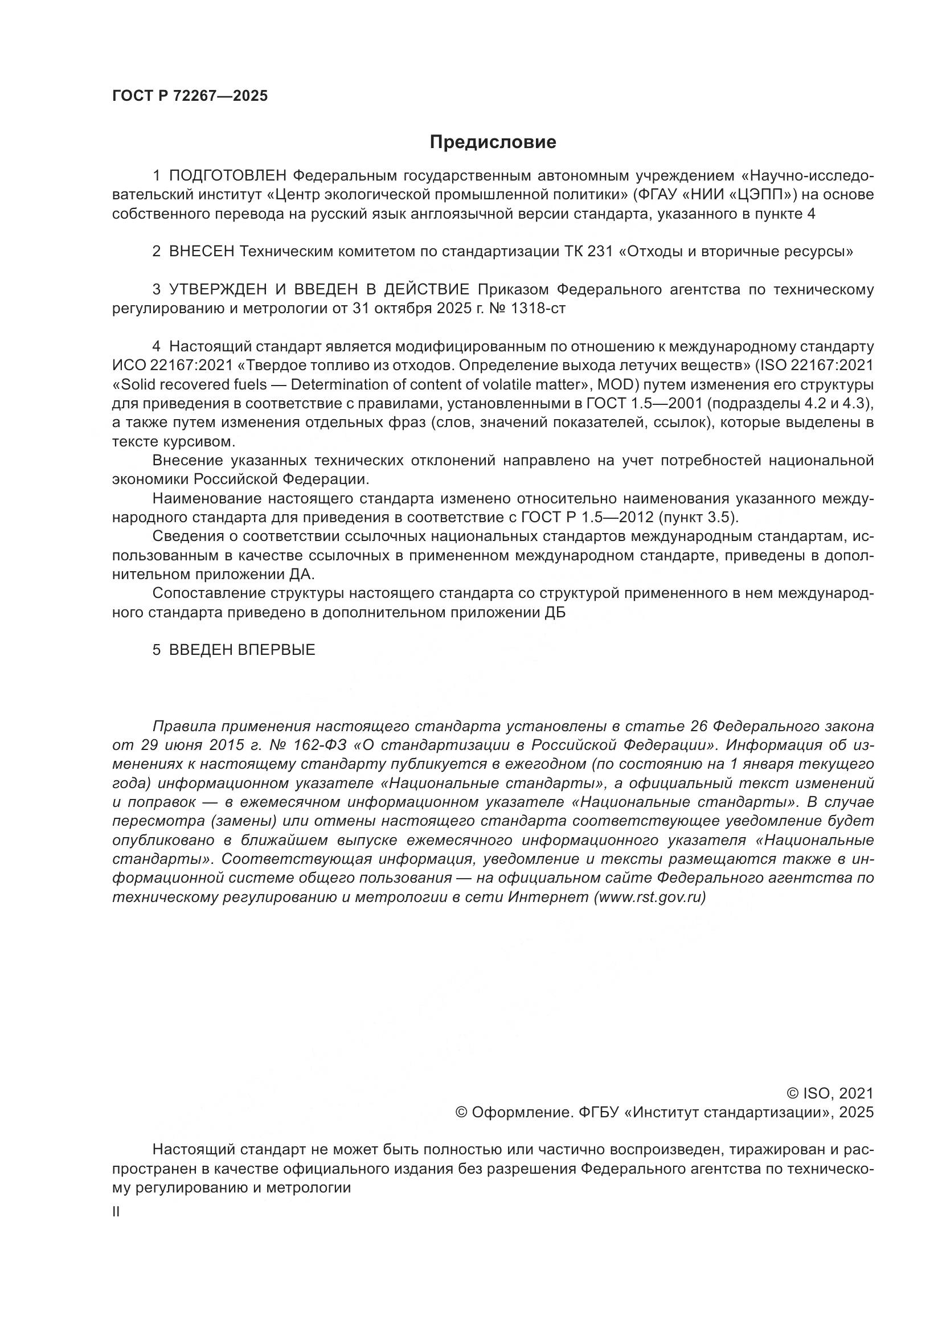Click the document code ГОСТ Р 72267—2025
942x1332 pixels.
[x=190, y=96]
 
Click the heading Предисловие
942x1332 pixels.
[x=493, y=142]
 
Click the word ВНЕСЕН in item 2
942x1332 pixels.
[x=202, y=252]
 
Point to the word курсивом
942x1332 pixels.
[x=202, y=441]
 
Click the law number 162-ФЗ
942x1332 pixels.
[x=322, y=745]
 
